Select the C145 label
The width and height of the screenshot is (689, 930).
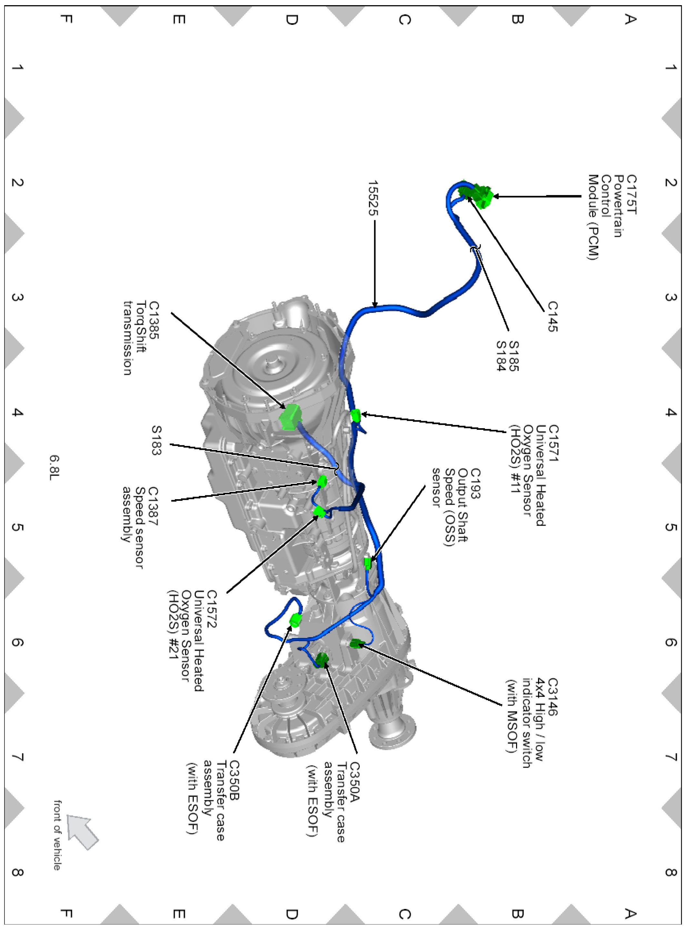click(553, 316)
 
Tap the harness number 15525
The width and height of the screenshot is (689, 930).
click(373, 198)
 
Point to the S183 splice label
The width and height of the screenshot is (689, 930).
click(156, 440)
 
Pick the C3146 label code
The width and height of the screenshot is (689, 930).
click(552, 697)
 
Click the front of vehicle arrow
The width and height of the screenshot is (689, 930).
click(82, 832)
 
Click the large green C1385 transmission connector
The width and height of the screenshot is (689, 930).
click(291, 416)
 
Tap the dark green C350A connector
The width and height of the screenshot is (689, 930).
click(322, 659)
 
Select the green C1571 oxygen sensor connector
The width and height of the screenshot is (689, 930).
click(355, 415)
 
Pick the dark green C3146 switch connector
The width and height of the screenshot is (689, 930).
click(356, 644)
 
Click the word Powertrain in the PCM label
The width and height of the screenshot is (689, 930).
click(618, 206)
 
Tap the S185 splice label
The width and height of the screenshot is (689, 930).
click(514, 356)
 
